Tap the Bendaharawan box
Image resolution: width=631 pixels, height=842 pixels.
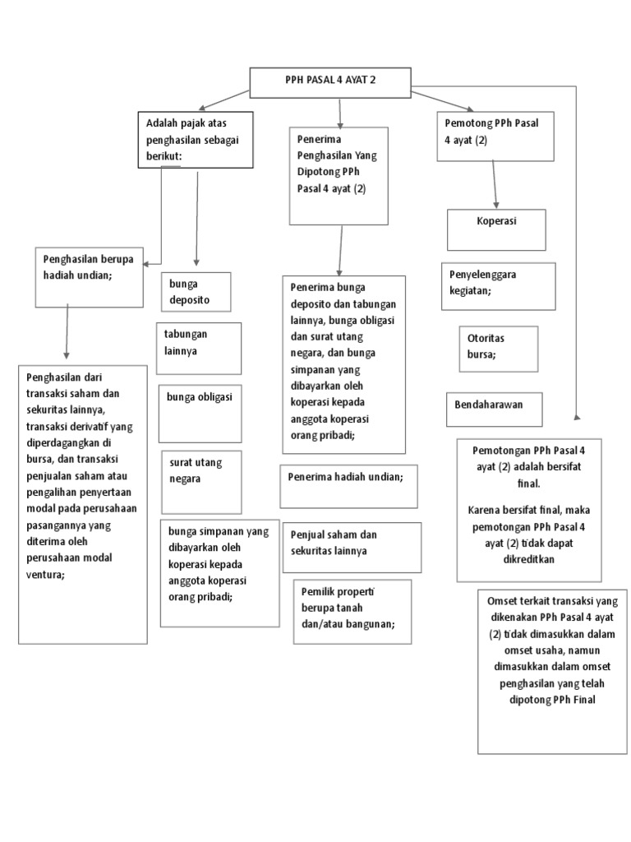click(x=495, y=408)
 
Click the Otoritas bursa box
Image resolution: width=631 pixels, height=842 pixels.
click(x=498, y=349)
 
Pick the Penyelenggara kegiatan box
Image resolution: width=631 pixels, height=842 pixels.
click(x=498, y=286)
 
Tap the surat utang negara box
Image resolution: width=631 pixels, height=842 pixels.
click(x=200, y=481)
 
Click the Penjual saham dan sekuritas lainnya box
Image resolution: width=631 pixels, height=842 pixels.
click(x=350, y=545)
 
